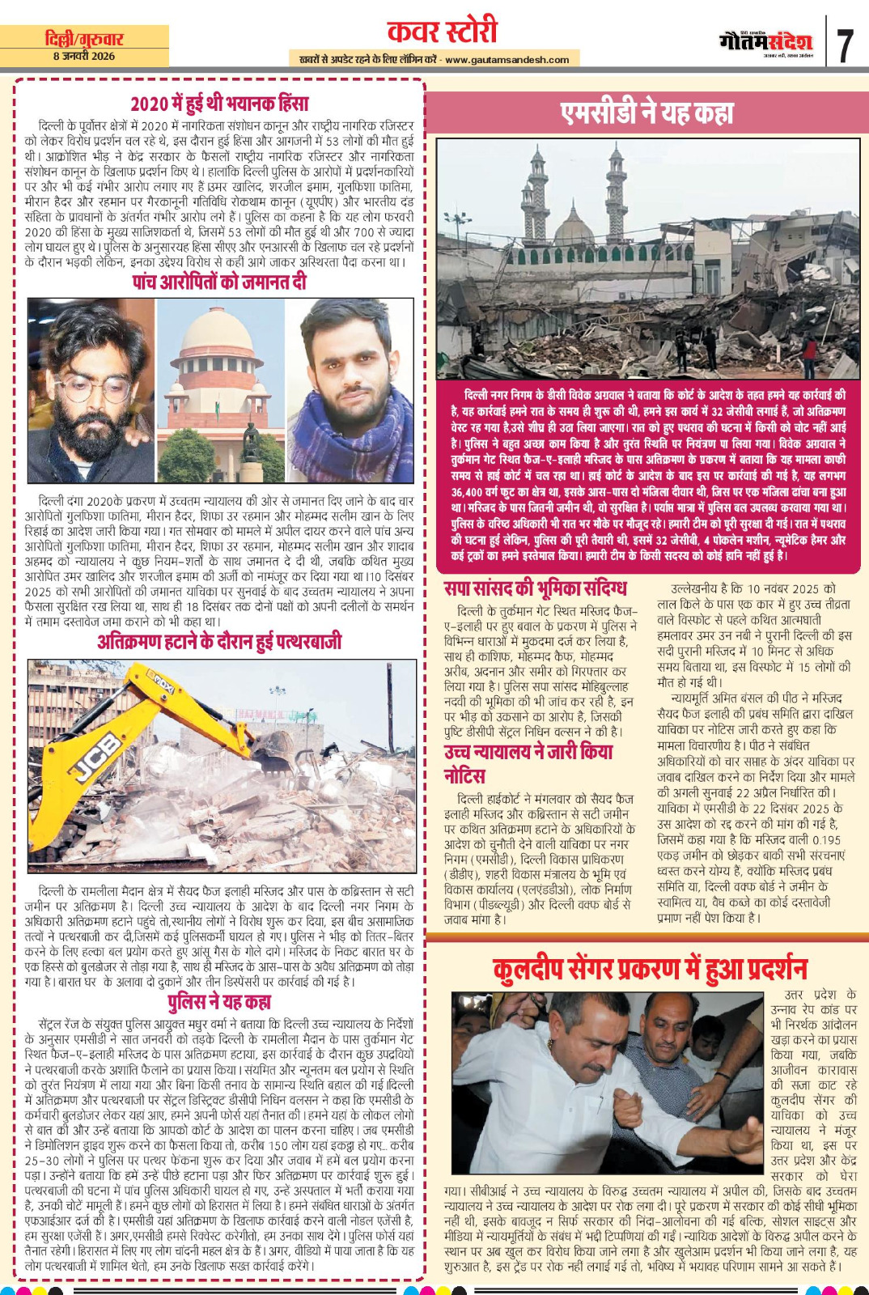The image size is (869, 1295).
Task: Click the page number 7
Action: tap(845, 45)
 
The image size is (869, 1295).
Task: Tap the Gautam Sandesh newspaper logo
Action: tap(765, 41)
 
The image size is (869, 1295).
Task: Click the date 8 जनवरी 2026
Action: tap(84, 57)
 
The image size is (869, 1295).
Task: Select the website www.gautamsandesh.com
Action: tap(507, 59)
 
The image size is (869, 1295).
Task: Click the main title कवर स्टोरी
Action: tap(442, 31)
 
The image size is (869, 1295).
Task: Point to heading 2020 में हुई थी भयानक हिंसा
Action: tap(219, 104)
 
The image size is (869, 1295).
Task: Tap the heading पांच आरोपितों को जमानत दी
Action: tap(219, 282)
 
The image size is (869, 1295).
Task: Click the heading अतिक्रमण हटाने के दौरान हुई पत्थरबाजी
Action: tap(219, 642)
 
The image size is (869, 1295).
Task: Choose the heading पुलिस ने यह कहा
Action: tap(219, 1002)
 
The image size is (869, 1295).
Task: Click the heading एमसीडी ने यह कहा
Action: tap(646, 113)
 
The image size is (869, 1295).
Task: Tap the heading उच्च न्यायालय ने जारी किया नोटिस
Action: tap(528, 763)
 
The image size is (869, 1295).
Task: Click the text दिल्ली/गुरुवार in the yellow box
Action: tap(84, 38)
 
